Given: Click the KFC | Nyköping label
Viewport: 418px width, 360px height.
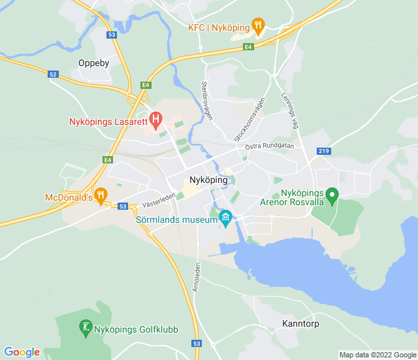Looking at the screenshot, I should [x=218, y=27].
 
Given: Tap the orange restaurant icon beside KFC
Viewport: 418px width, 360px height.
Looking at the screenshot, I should [x=258, y=27].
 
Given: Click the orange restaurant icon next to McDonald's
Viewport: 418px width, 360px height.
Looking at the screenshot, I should [x=100, y=194].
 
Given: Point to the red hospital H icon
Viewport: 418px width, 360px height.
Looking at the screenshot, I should [x=155, y=120].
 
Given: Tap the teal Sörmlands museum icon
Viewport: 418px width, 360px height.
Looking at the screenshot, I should [x=226, y=218].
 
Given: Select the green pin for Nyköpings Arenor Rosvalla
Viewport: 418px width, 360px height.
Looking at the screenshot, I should [x=332, y=195].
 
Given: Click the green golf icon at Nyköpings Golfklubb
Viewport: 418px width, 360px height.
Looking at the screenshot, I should [x=85, y=327].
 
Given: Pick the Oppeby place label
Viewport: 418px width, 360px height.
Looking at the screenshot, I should [x=93, y=63].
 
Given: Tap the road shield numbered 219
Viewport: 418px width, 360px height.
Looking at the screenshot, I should [x=323, y=151].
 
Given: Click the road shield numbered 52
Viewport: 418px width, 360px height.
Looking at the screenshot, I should [x=54, y=74].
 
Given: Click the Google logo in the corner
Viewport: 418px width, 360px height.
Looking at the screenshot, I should [x=22, y=352].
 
